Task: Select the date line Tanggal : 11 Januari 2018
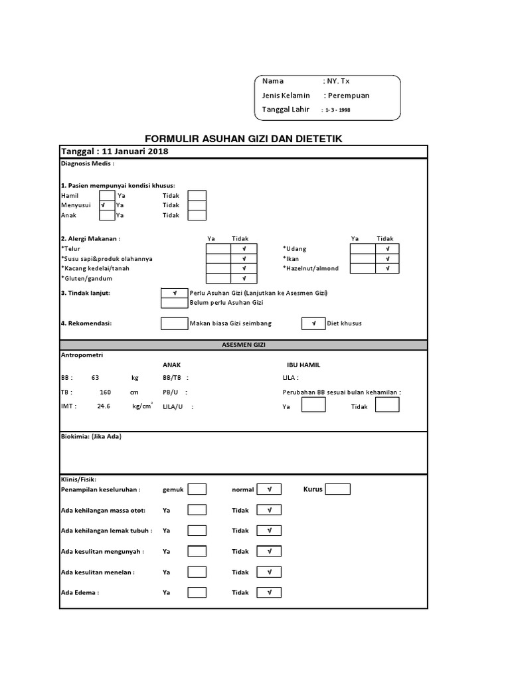115,151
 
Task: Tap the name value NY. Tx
337,81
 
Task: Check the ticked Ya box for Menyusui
106,206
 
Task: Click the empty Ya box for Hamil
106,196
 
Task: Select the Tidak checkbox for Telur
244,249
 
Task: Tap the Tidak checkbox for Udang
387,249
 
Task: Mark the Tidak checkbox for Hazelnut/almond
387,268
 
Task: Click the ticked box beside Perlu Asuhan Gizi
175,293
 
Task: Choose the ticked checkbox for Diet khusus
313,323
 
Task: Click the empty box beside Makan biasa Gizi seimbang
175,323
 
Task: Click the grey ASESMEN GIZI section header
244,345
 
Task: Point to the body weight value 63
96,377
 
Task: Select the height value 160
106,392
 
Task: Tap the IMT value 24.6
104,406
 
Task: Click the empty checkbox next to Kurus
337,489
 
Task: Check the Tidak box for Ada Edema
269,592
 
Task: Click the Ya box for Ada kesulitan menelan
197,572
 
